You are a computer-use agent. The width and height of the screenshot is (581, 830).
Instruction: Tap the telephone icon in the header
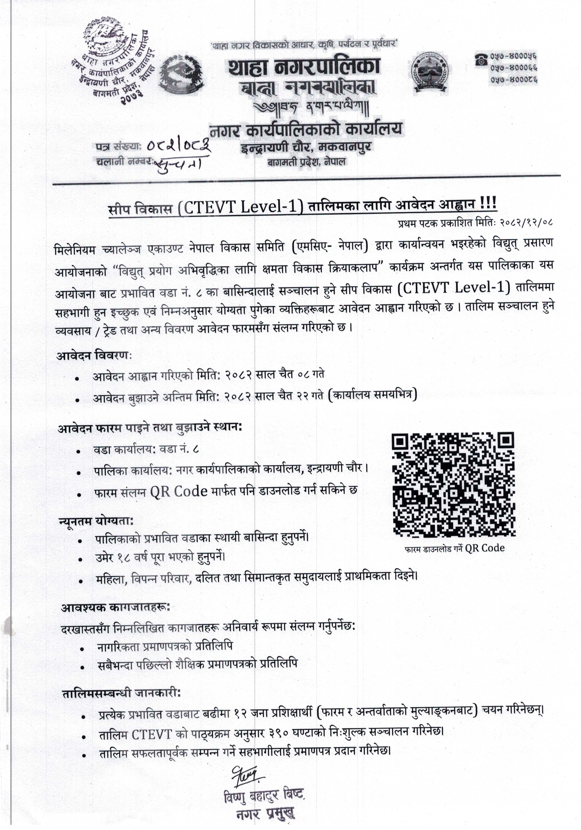pyautogui.click(x=481, y=59)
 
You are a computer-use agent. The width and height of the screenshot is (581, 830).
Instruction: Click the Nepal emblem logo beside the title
pyautogui.click(x=182, y=74)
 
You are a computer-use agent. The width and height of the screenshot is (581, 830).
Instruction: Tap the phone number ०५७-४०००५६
pyautogui.click(x=513, y=57)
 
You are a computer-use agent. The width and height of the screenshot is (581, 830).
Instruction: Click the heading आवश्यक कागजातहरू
pyautogui.click(x=115, y=608)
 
